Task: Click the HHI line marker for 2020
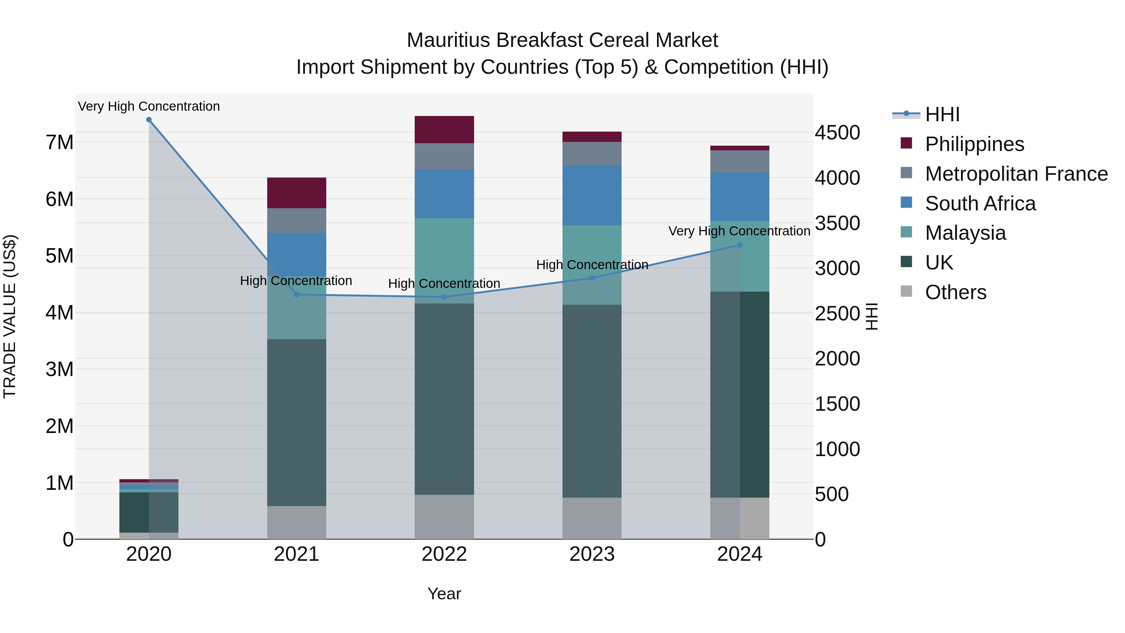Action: pos(149,120)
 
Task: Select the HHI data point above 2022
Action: pos(444,297)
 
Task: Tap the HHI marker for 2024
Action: pos(739,245)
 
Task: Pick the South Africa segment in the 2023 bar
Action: pos(592,195)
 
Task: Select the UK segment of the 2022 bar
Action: pos(444,399)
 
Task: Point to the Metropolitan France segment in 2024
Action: pos(739,162)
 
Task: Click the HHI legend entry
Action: pos(942,114)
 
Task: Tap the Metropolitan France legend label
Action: pos(1016,174)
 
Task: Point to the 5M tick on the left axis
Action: pos(59,256)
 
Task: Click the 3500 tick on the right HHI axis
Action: pos(837,223)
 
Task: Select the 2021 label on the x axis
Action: pos(297,554)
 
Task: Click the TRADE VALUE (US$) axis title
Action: pos(10,316)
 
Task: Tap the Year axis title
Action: pos(444,594)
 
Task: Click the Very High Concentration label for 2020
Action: pos(149,106)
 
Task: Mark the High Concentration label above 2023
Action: pos(592,265)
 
